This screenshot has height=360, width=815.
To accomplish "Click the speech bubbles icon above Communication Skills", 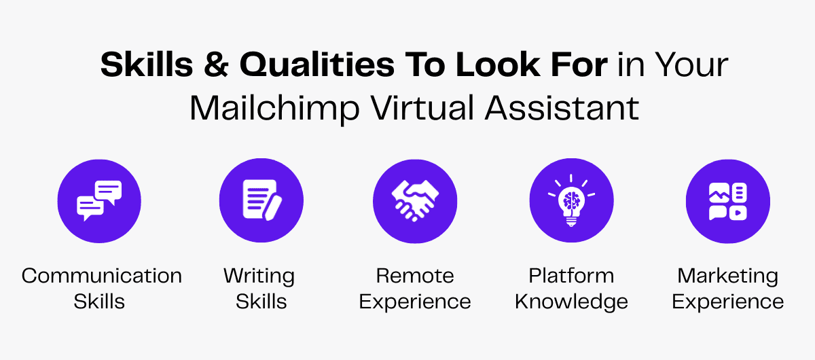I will pos(99,201).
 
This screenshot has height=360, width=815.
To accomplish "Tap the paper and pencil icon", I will pos(261,201).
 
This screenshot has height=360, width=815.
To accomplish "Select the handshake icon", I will pos(415,201).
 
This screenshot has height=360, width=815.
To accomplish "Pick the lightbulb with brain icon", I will pos(571,201).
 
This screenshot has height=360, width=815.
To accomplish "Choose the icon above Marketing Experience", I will pos(727,201).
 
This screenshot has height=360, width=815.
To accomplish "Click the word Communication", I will pos(102,276).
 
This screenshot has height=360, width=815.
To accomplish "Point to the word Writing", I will pos(259,276).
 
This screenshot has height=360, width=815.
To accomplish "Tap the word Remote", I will pos(415,276).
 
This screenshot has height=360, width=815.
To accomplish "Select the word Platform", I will pos(571,276).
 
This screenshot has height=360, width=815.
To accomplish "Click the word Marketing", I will pos(727,276).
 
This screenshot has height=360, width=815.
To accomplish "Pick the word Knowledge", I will pos(571,302).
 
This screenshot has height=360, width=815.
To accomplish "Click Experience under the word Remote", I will pos(415,302).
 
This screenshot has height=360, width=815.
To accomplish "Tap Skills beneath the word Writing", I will pos(261,302).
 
